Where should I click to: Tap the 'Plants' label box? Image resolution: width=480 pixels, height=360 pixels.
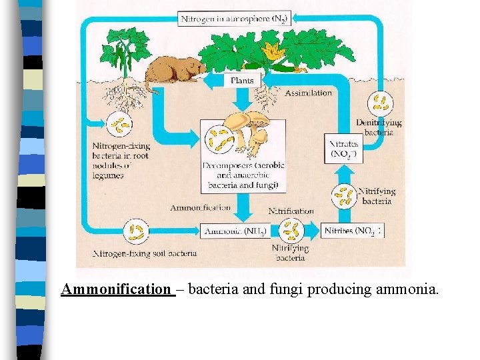[x=241, y=81]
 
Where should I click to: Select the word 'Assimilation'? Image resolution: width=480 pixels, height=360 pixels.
[x=308, y=93]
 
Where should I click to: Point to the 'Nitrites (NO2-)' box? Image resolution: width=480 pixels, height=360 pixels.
[x=351, y=231]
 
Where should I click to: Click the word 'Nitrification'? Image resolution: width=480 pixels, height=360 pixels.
[x=291, y=211]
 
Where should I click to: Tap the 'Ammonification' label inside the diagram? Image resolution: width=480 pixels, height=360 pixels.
[x=200, y=208]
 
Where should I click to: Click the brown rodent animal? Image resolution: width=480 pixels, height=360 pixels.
[x=175, y=71]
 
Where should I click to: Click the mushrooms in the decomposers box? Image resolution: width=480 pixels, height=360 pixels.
[x=247, y=131]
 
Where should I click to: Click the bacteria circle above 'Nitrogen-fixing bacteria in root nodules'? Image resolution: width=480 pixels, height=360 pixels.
[x=119, y=125]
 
